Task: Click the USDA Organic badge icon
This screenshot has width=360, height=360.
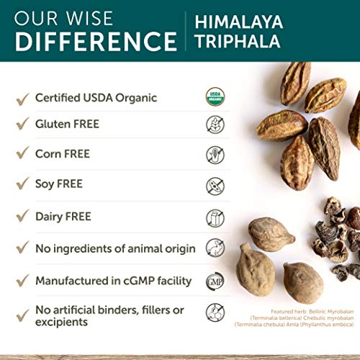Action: [215, 97]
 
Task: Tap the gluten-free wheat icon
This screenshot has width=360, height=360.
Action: [215, 125]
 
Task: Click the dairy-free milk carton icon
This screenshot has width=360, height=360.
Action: [215, 217]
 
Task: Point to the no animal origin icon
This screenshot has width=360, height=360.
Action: [215, 248]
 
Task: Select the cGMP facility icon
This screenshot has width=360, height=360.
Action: [215, 280]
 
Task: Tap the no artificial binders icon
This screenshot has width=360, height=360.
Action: [215, 312]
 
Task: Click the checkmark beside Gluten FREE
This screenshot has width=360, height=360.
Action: [22, 125]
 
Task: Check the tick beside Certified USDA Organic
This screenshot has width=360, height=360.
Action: [22, 97]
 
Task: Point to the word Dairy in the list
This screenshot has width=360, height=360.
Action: [51, 216]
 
